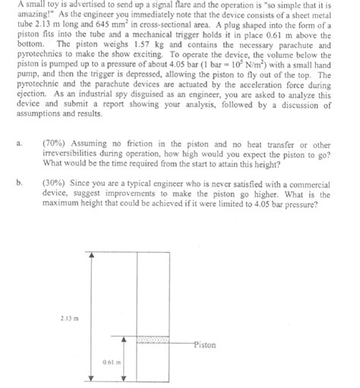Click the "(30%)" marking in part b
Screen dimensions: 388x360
(x=77, y=182)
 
